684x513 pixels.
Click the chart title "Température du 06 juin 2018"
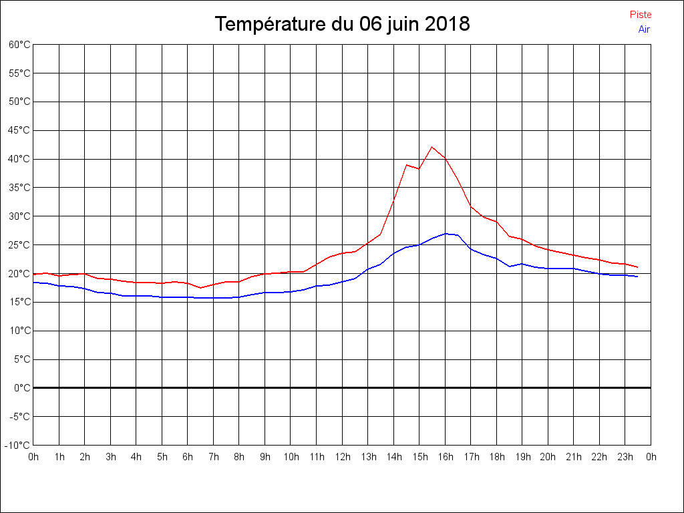tap(342, 25)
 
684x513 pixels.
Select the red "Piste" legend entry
tap(640, 15)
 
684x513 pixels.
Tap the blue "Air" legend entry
tap(644, 29)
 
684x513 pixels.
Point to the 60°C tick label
tap(19, 45)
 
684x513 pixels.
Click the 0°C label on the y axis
tap(22, 387)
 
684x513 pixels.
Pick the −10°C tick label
tap(19, 445)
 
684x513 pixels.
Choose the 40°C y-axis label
tap(19, 159)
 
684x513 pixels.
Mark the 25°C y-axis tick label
tap(19, 245)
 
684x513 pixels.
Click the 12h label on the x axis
tap(342, 458)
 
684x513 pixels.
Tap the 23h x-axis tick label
tap(625, 458)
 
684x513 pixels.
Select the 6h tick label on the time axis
tap(188, 458)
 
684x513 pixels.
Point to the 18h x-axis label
tap(496, 458)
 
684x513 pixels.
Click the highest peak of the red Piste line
tap(432, 147)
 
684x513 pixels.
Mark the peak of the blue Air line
tap(446, 234)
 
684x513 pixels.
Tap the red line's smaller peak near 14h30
tap(407, 164)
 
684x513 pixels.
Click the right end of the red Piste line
tap(637, 267)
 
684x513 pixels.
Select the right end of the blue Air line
tap(637, 277)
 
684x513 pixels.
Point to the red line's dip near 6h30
tap(200, 288)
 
